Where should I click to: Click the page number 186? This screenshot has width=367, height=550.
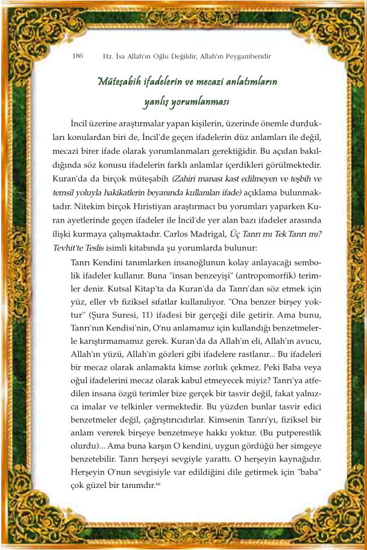pyautogui.click(x=77, y=56)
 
